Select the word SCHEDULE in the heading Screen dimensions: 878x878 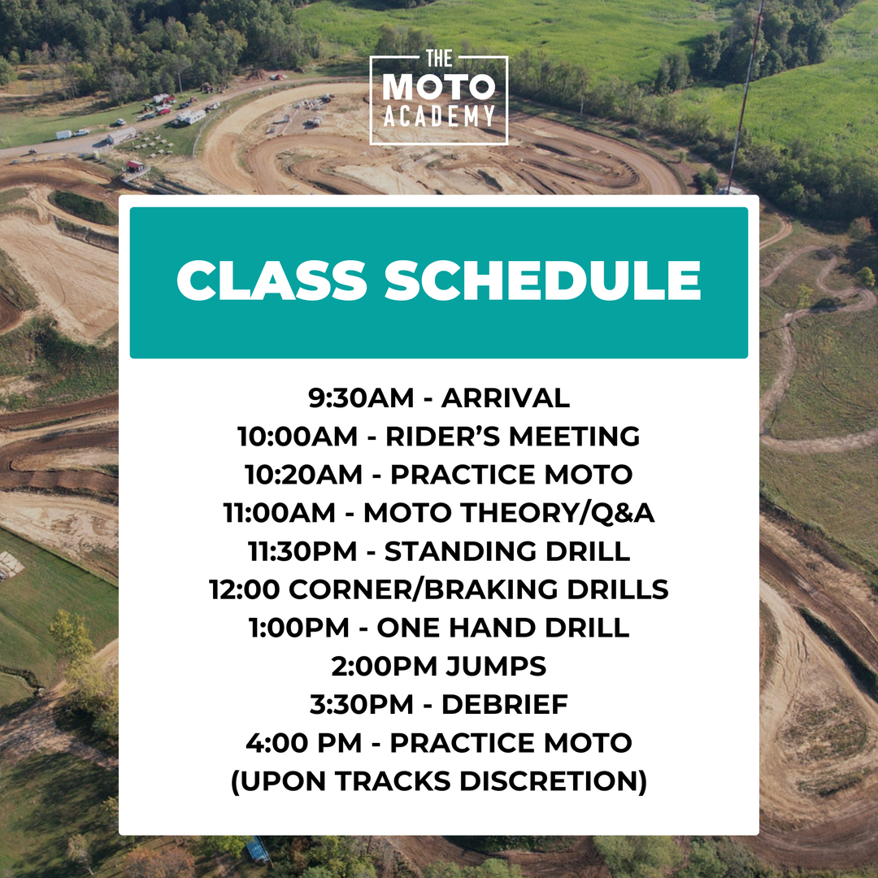tap(542, 281)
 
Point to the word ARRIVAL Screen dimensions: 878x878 tap(506, 398)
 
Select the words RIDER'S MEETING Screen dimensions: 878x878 tap(512, 437)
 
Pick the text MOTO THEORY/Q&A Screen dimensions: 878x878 tap(509, 513)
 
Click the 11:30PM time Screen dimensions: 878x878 tap(302, 551)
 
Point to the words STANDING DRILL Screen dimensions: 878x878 tap(506, 551)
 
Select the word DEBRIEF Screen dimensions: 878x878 tap(504, 705)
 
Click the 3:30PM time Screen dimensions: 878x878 tap(360, 705)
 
